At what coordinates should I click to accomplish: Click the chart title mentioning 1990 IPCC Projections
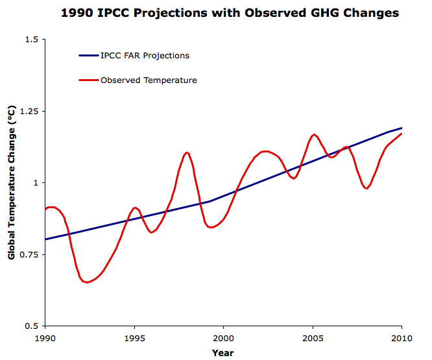click(230, 12)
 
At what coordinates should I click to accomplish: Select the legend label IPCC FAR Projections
click(145, 56)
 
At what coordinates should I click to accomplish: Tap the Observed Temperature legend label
click(149, 80)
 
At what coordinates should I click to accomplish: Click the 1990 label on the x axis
click(45, 338)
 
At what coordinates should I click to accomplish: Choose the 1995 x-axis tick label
click(134, 338)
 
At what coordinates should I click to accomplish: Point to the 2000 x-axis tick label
click(224, 338)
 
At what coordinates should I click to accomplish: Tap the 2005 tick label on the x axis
click(313, 338)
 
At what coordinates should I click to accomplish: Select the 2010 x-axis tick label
click(402, 338)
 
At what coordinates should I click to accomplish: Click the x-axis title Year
click(222, 353)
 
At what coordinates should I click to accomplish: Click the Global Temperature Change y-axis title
click(12, 183)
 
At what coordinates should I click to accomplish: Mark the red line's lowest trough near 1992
click(87, 282)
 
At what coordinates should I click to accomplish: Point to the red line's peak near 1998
click(187, 152)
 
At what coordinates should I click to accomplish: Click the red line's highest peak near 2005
click(314, 134)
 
